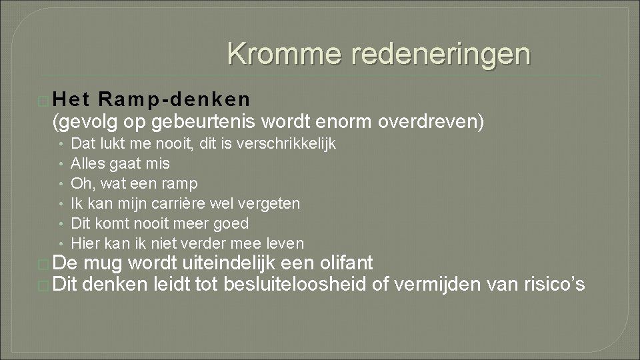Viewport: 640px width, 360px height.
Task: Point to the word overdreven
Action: [427, 122]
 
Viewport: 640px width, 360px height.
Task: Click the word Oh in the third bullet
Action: [80, 183]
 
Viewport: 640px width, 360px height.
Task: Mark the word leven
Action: [283, 243]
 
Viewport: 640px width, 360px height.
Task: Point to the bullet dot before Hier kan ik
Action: [60, 243]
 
